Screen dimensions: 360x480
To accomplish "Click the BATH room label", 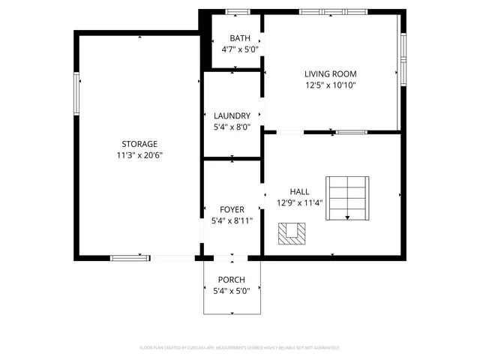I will click(x=240, y=38).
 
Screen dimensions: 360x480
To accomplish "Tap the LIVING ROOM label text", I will click(x=330, y=73).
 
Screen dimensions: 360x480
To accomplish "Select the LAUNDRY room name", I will click(x=232, y=115).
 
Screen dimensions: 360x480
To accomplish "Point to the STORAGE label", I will click(x=139, y=144).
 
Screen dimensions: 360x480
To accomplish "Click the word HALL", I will click(x=299, y=192).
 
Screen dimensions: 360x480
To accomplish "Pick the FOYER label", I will click(x=232, y=209).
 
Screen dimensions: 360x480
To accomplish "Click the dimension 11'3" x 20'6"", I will click(x=139, y=155).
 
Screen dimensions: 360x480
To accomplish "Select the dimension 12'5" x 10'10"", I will click(x=330, y=85).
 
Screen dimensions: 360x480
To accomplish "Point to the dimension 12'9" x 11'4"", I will click(x=299, y=203).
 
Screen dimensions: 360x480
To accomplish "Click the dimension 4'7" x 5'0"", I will click(x=240, y=49).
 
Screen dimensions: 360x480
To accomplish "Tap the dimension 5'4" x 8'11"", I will click(x=232, y=220).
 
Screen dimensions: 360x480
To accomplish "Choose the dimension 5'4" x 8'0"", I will click(x=232, y=127).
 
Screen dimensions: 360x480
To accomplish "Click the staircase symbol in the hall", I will click(x=347, y=198).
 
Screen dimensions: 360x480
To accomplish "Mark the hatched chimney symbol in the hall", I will click(x=292, y=234).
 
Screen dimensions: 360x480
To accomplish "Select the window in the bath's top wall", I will click(x=238, y=12).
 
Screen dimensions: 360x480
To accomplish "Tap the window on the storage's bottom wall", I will click(x=130, y=258).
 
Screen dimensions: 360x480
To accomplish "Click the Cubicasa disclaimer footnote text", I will click(x=240, y=348).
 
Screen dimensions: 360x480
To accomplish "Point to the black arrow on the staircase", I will click(x=347, y=217).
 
